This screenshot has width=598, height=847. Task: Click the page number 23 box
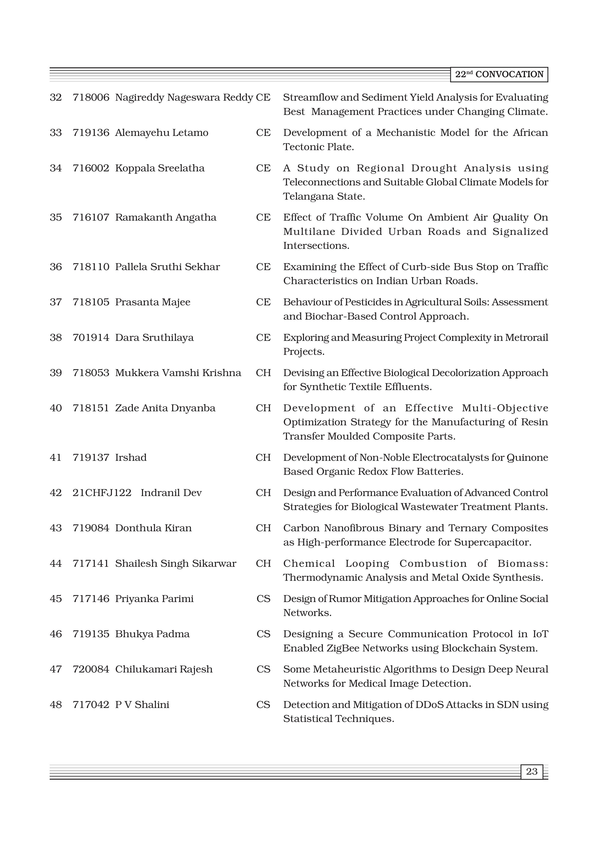[532, 771]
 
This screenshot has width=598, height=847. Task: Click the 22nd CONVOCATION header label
[499, 75]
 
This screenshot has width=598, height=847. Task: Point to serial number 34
[56, 168]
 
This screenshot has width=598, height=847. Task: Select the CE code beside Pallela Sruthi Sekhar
[263, 267]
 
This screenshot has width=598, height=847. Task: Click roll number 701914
[91, 337]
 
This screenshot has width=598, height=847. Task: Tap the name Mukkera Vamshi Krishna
[178, 373]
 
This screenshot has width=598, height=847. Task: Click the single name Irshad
[131, 457]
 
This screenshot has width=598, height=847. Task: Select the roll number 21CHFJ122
[102, 493]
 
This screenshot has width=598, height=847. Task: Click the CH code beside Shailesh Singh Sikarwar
[263, 563]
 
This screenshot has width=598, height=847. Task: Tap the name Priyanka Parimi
[154, 599]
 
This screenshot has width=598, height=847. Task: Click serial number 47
[56, 669]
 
